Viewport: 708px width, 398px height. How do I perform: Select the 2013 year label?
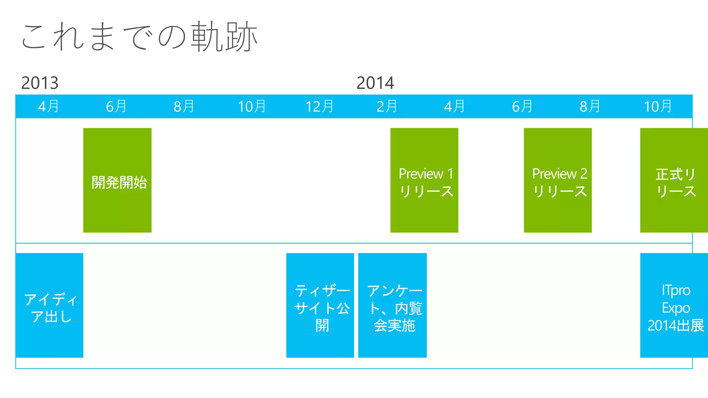(x=40, y=83)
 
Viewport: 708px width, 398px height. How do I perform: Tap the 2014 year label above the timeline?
(x=375, y=83)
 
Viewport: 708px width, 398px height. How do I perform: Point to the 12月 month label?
(x=319, y=106)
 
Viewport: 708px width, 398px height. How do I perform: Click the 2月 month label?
(x=387, y=106)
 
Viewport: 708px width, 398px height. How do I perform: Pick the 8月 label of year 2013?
(x=184, y=106)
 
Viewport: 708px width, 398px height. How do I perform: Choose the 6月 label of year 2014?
(x=522, y=106)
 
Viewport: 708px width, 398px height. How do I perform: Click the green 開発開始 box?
(x=117, y=180)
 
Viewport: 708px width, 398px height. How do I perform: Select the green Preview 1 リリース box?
(x=424, y=180)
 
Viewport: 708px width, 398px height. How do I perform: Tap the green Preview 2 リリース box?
(x=558, y=180)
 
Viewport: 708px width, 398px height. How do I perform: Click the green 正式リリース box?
(x=674, y=180)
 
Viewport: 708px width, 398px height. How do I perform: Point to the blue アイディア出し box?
(x=49, y=305)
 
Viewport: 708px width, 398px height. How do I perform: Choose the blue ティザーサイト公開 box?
(x=320, y=305)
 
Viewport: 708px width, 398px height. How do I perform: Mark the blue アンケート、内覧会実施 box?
(x=392, y=305)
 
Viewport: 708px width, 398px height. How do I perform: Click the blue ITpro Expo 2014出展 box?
(x=674, y=305)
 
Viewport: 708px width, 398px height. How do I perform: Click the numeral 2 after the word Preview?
(x=584, y=174)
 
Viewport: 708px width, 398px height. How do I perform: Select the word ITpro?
(x=676, y=291)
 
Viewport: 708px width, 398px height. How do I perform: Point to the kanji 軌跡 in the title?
(x=225, y=37)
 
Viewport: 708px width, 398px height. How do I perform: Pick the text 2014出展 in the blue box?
(x=676, y=326)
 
